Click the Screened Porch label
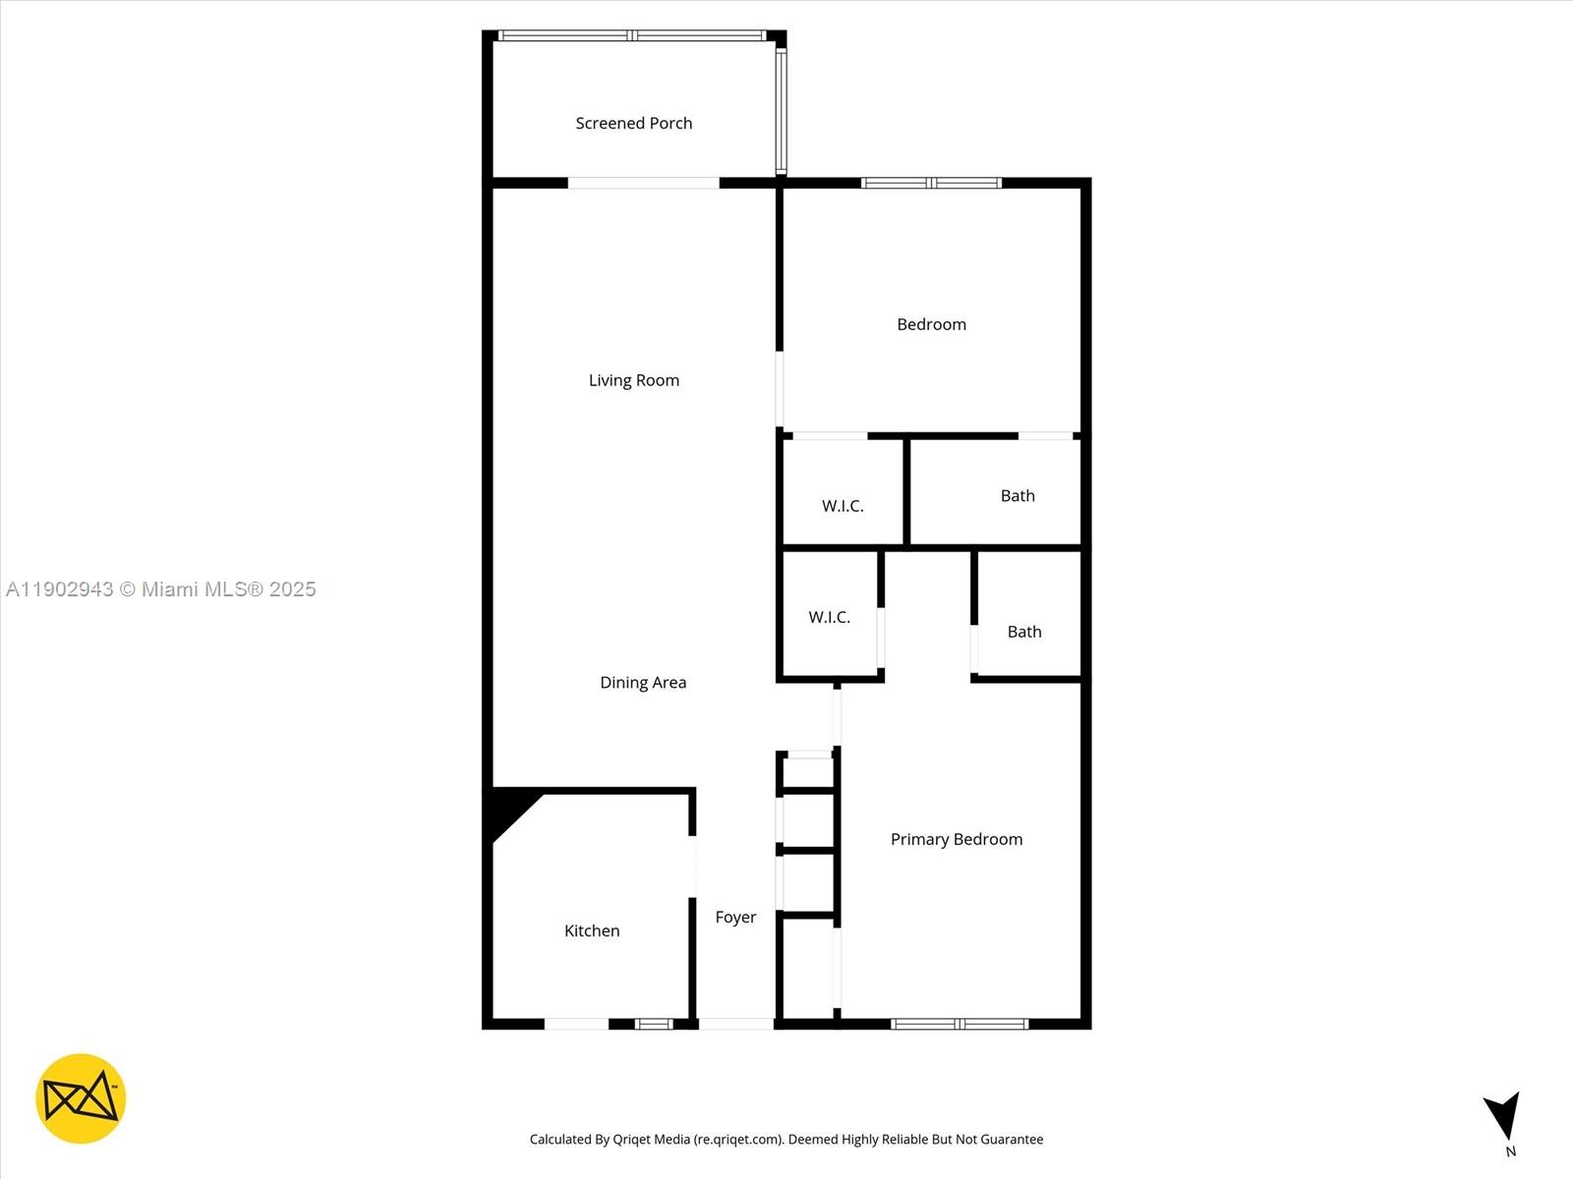[x=634, y=124]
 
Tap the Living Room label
[x=634, y=380]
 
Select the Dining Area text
[x=643, y=683]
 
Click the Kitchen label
[x=592, y=931]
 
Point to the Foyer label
[x=735, y=918]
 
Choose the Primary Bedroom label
[x=957, y=839]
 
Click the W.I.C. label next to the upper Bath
[x=843, y=506]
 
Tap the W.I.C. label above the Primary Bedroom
[x=829, y=617]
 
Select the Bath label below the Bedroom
[x=1018, y=496]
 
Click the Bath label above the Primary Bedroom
[x=1024, y=632]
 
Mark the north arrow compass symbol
[x=1503, y=1118]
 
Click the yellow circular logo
[x=81, y=1098]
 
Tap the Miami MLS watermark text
[x=161, y=589]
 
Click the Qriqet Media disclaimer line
[x=786, y=1140]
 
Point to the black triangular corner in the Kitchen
[x=508, y=808]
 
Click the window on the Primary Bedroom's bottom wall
[x=960, y=1024]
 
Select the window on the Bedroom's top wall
[x=931, y=183]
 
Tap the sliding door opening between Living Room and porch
[x=644, y=183]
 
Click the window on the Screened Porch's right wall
[x=781, y=110]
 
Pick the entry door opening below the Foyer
[x=735, y=1024]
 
